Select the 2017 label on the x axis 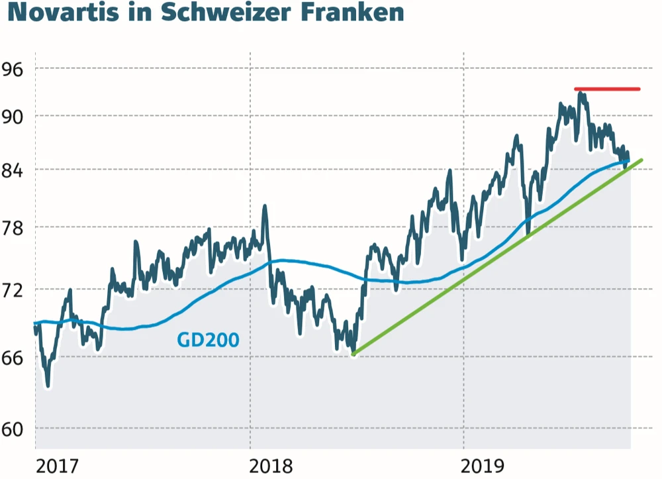pyautogui.click(x=56, y=466)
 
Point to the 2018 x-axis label pyautogui.click(x=271, y=466)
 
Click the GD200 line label pyautogui.click(x=208, y=340)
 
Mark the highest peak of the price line pyautogui.click(x=581, y=94)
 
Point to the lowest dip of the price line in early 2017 pyautogui.click(x=48, y=386)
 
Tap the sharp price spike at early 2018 pyautogui.click(x=265, y=206)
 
